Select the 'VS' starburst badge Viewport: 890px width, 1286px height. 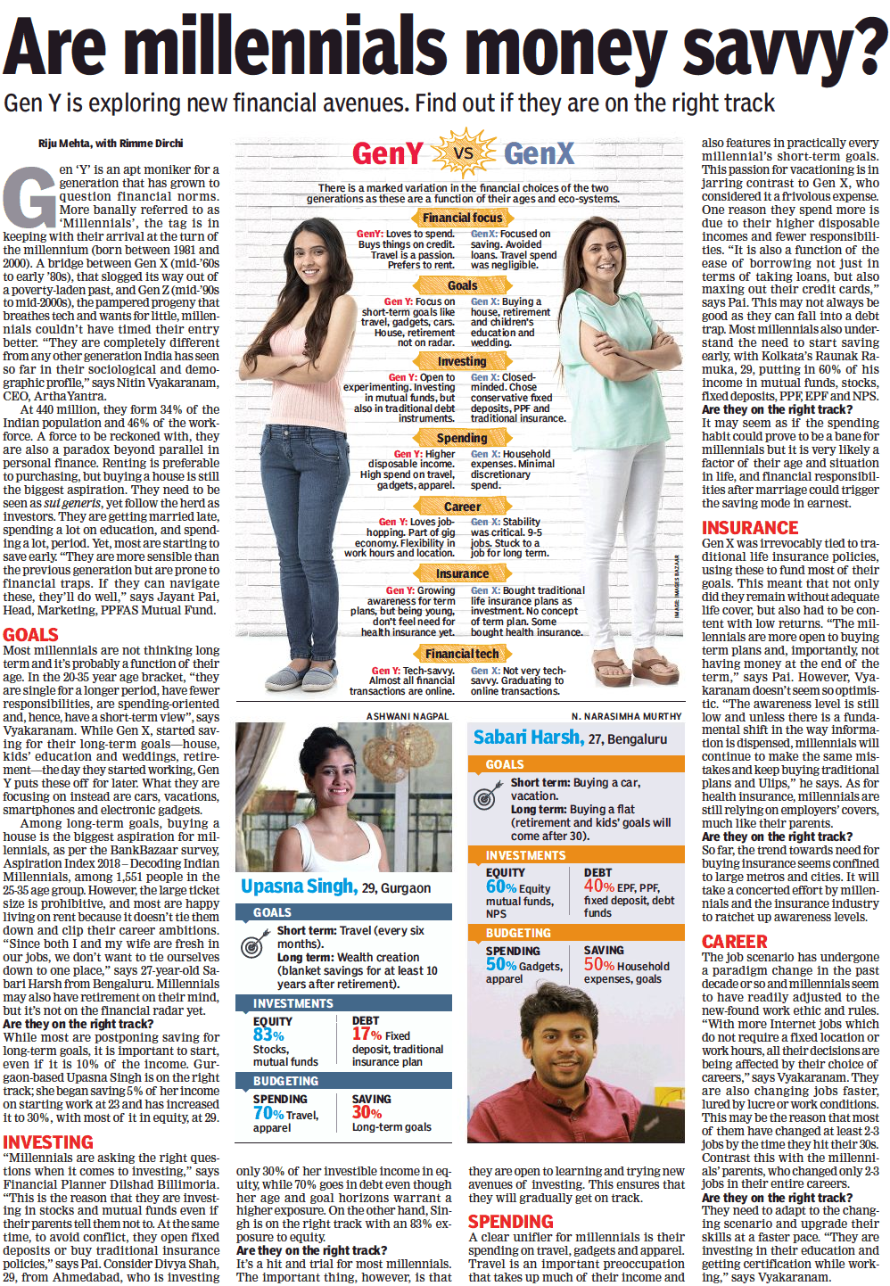[x=463, y=153]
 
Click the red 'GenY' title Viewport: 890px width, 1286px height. [x=387, y=153]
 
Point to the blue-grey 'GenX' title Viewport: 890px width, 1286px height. [x=539, y=153]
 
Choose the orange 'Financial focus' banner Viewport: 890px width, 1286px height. [x=462, y=218]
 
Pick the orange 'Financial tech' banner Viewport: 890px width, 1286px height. [x=462, y=654]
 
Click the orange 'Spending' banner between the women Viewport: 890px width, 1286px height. [x=462, y=438]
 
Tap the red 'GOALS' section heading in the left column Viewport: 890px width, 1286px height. [x=30, y=635]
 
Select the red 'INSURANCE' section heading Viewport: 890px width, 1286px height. [x=750, y=528]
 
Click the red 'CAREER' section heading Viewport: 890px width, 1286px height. [x=734, y=942]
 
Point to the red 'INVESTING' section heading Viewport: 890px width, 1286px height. [x=48, y=1142]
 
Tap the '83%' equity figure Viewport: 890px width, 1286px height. [x=268, y=1035]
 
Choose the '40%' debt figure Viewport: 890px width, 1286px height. [x=598, y=886]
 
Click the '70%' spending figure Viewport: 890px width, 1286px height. [x=268, y=1113]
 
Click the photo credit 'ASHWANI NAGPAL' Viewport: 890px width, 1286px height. [x=408, y=716]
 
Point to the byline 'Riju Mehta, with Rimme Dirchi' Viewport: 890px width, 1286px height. [x=111, y=144]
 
